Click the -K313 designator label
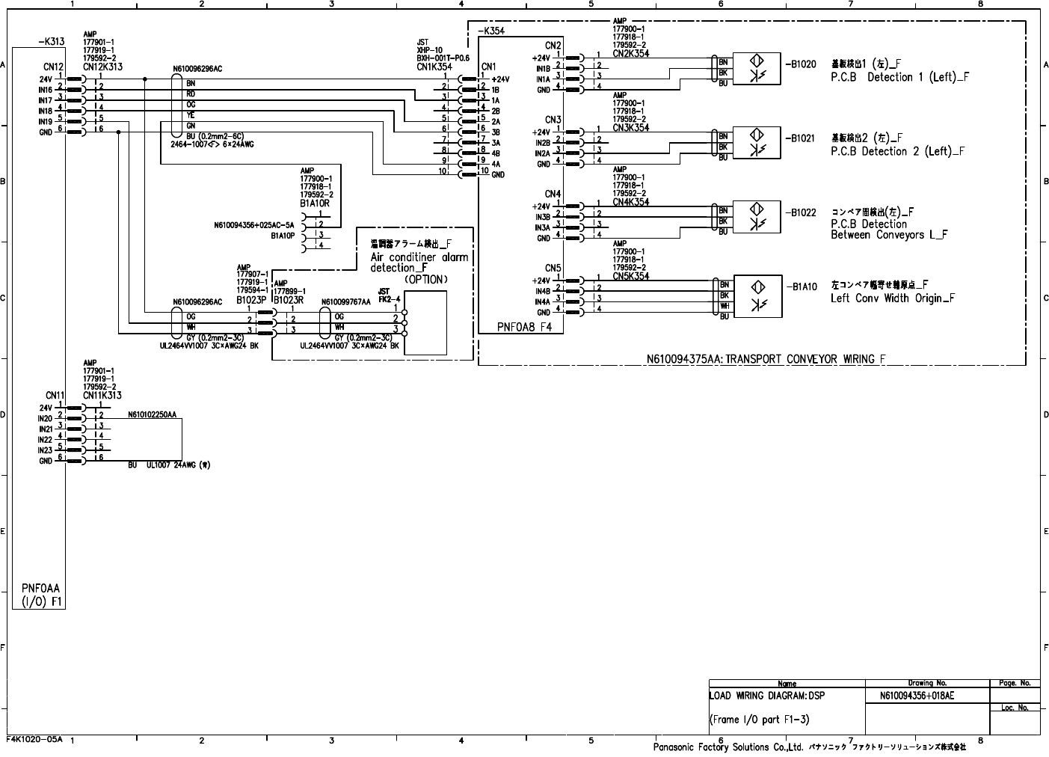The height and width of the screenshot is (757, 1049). pos(49,42)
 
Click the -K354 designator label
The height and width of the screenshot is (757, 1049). pos(490,31)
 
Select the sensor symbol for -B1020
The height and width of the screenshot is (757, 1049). pos(757,67)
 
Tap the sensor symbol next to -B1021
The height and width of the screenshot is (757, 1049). pos(757,142)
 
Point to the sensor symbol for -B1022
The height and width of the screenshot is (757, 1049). pos(757,216)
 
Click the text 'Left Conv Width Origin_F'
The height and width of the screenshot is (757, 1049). pos(893,298)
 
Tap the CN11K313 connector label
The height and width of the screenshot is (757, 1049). pos(102,395)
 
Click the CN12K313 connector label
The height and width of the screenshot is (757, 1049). pos(102,67)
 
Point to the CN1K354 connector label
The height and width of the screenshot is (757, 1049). pos(434,67)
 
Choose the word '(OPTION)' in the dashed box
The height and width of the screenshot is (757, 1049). pos(426,280)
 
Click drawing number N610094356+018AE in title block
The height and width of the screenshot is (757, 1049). pos(917,696)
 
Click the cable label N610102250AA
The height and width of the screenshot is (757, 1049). pos(153,414)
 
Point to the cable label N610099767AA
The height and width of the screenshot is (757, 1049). pos(346,302)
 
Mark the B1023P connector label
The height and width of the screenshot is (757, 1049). pos(251,300)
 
